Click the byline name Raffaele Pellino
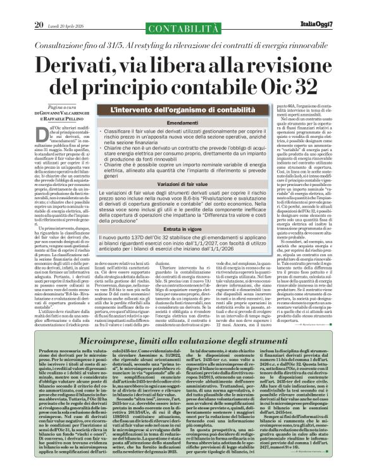pos(50,118)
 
